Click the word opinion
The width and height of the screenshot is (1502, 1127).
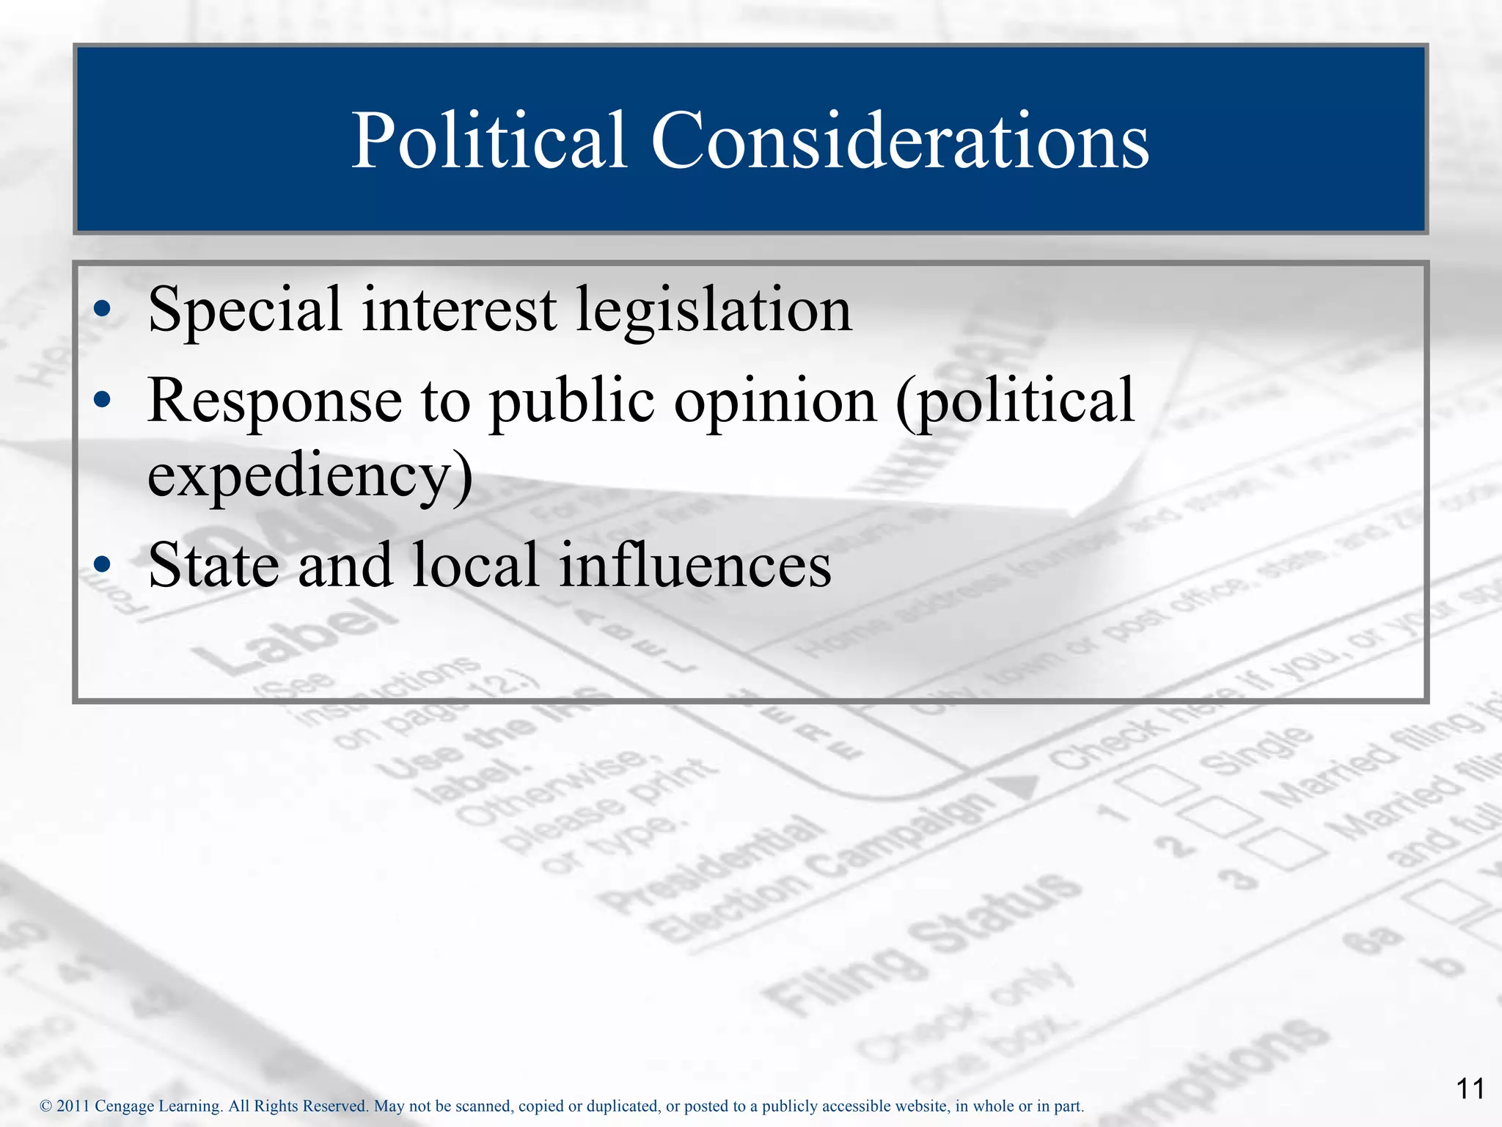[x=775, y=402]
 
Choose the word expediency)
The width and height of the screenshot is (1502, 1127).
[x=310, y=476]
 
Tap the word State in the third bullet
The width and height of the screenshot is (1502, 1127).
[x=213, y=565]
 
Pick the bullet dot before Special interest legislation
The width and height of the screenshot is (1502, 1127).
[x=103, y=310]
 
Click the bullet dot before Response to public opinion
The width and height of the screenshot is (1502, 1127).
[x=103, y=400]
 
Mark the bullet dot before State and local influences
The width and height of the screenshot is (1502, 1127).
[x=103, y=564]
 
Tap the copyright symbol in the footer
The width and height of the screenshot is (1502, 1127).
[x=45, y=1106]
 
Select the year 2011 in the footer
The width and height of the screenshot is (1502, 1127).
[x=73, y=1106]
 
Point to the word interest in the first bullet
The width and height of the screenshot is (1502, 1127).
[x=459, y=310]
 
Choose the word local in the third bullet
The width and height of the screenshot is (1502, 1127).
[x=476, y=565]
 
